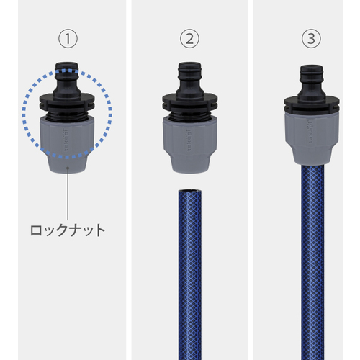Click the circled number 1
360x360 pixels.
pos(68,39)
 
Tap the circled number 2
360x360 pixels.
pos(189,39)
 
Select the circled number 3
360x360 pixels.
pos(311,39)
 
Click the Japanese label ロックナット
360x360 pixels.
pos(68,230)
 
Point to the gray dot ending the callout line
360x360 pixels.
pos(68,168)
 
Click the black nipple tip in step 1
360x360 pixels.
pos(67,68)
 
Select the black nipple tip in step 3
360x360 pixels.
pos(312,71)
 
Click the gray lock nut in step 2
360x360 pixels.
pos(190,145)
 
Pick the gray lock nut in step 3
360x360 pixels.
pos(312,138)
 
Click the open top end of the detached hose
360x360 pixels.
pos(190,192)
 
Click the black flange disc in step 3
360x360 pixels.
pos(312,104)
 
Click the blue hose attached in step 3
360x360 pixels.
pos(312,262)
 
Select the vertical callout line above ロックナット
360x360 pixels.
pos(68,194)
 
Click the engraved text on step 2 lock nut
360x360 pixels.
pos(189,140)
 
